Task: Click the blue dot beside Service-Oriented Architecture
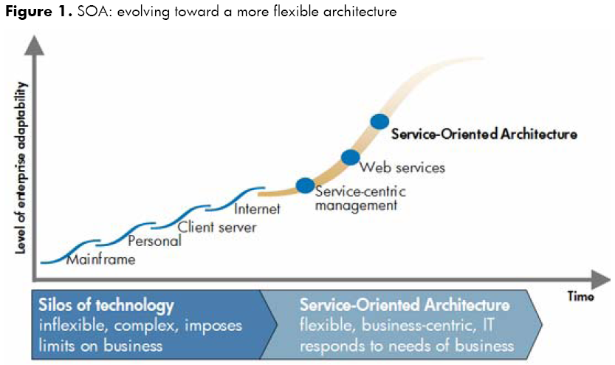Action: (x=379, y=122)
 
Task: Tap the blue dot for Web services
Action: (x=350, y=157)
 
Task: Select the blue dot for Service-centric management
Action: (x=305, y=185)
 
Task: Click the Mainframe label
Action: (x=101, y=259)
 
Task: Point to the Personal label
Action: (x=154, y=241)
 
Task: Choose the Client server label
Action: (x=217, y=227)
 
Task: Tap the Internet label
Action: (x=257, y=209)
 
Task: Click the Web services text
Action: (x=402, y=168)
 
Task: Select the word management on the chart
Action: (x=356, y=205)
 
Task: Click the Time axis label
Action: (x=580, y=296)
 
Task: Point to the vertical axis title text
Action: (x=21, y=168)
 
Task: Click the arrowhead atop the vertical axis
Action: (x=35, y=46)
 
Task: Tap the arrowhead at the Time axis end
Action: (x=600, y=279)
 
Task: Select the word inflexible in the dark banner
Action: (x=73, y=325)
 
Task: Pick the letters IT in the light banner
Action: (x=488, y=325)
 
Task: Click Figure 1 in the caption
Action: (x=38, y=11)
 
